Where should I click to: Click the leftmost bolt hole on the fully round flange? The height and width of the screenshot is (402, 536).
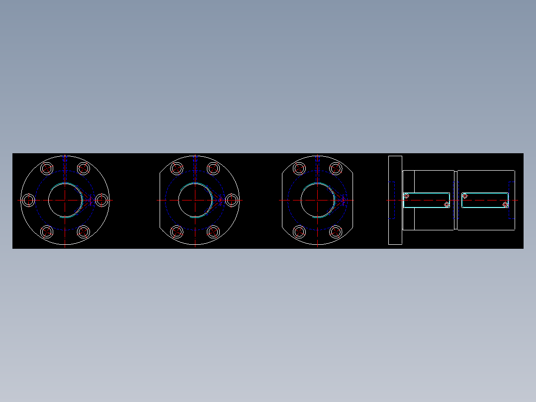(29, 200)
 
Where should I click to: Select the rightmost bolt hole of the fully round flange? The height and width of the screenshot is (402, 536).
(102, 200)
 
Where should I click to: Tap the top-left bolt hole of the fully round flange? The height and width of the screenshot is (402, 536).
(47, 168)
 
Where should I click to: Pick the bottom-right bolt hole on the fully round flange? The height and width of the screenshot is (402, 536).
(84, 232)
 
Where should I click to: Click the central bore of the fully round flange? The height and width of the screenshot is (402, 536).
(65, 200)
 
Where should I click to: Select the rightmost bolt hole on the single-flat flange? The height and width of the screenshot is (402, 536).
(232, 200)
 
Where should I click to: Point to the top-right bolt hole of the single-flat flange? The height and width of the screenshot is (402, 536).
(213, 168)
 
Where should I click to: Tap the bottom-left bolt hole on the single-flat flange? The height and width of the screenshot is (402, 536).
(177, 232)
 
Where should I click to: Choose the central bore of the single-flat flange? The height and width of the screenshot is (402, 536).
(195, 200)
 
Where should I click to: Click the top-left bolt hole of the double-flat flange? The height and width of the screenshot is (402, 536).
(299, 168)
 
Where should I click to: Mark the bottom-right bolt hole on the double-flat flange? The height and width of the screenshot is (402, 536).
(336, 232)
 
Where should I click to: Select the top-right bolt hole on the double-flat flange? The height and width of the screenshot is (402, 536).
(336, 168)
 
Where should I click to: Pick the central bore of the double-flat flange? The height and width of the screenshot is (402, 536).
(317, 200)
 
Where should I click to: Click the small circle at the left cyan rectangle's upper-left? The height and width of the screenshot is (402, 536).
(407, 196)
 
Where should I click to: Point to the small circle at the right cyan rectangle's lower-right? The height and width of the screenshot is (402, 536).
(505, 204)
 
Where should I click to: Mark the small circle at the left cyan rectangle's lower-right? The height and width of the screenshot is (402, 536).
(447, 204)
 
